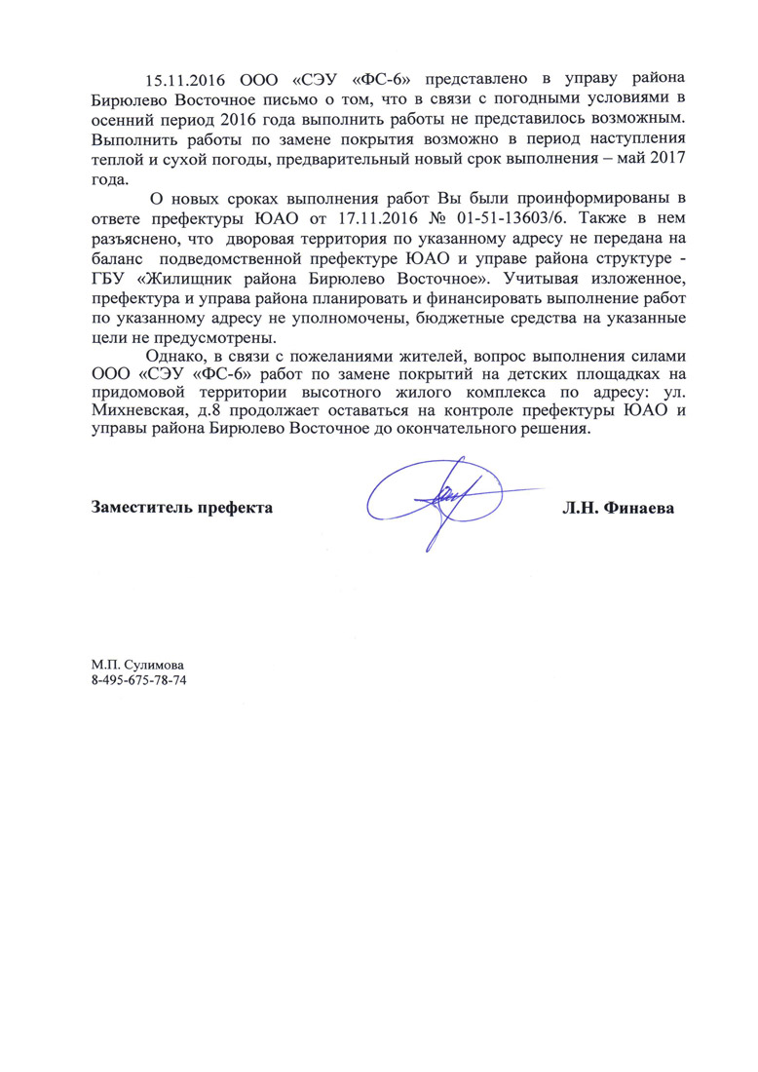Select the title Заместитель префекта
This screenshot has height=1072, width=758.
[x=182, y=508]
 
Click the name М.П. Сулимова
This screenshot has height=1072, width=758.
[x=138, y=663]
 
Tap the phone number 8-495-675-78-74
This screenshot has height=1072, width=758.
[x=138, y=679]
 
